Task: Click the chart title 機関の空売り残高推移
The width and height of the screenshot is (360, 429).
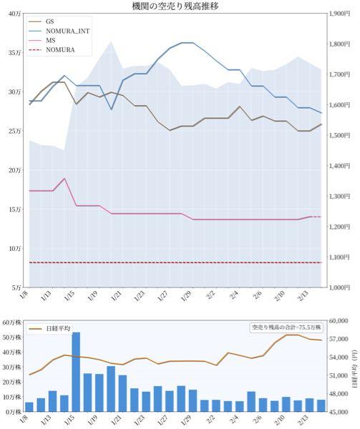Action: coord(180,6)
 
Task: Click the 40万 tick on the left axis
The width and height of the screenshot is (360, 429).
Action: coord(14,14)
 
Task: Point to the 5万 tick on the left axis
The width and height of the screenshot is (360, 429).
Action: coord(15,287)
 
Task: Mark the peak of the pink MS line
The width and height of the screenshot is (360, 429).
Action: coord(64,179)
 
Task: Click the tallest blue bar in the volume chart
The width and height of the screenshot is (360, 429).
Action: coord(76,372)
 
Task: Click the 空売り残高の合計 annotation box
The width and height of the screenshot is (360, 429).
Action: coord(286,327)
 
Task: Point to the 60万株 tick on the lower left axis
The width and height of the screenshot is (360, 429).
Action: coord(11,322)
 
